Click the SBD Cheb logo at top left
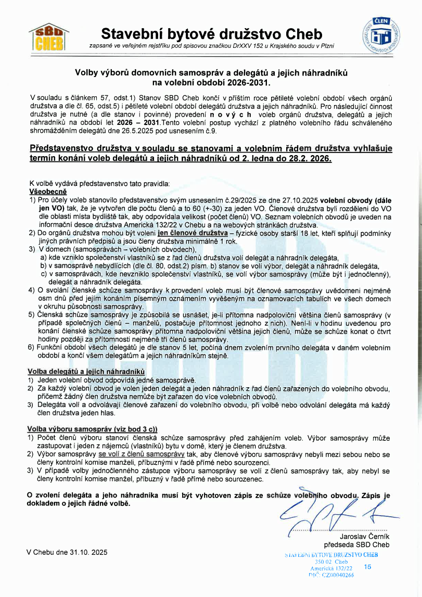click(x=48, y=36)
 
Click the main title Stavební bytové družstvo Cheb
click(x=211, y=34)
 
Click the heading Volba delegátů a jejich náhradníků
click(x=85, y=372)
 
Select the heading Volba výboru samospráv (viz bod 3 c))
click(x=92, y=428)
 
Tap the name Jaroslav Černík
click(x=364, y=536)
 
